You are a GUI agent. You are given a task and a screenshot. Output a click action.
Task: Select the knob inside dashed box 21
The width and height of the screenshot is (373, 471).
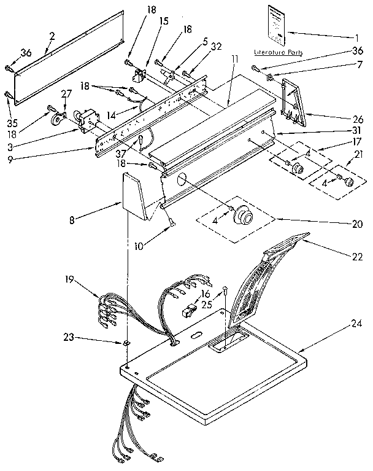pos(349,181)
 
